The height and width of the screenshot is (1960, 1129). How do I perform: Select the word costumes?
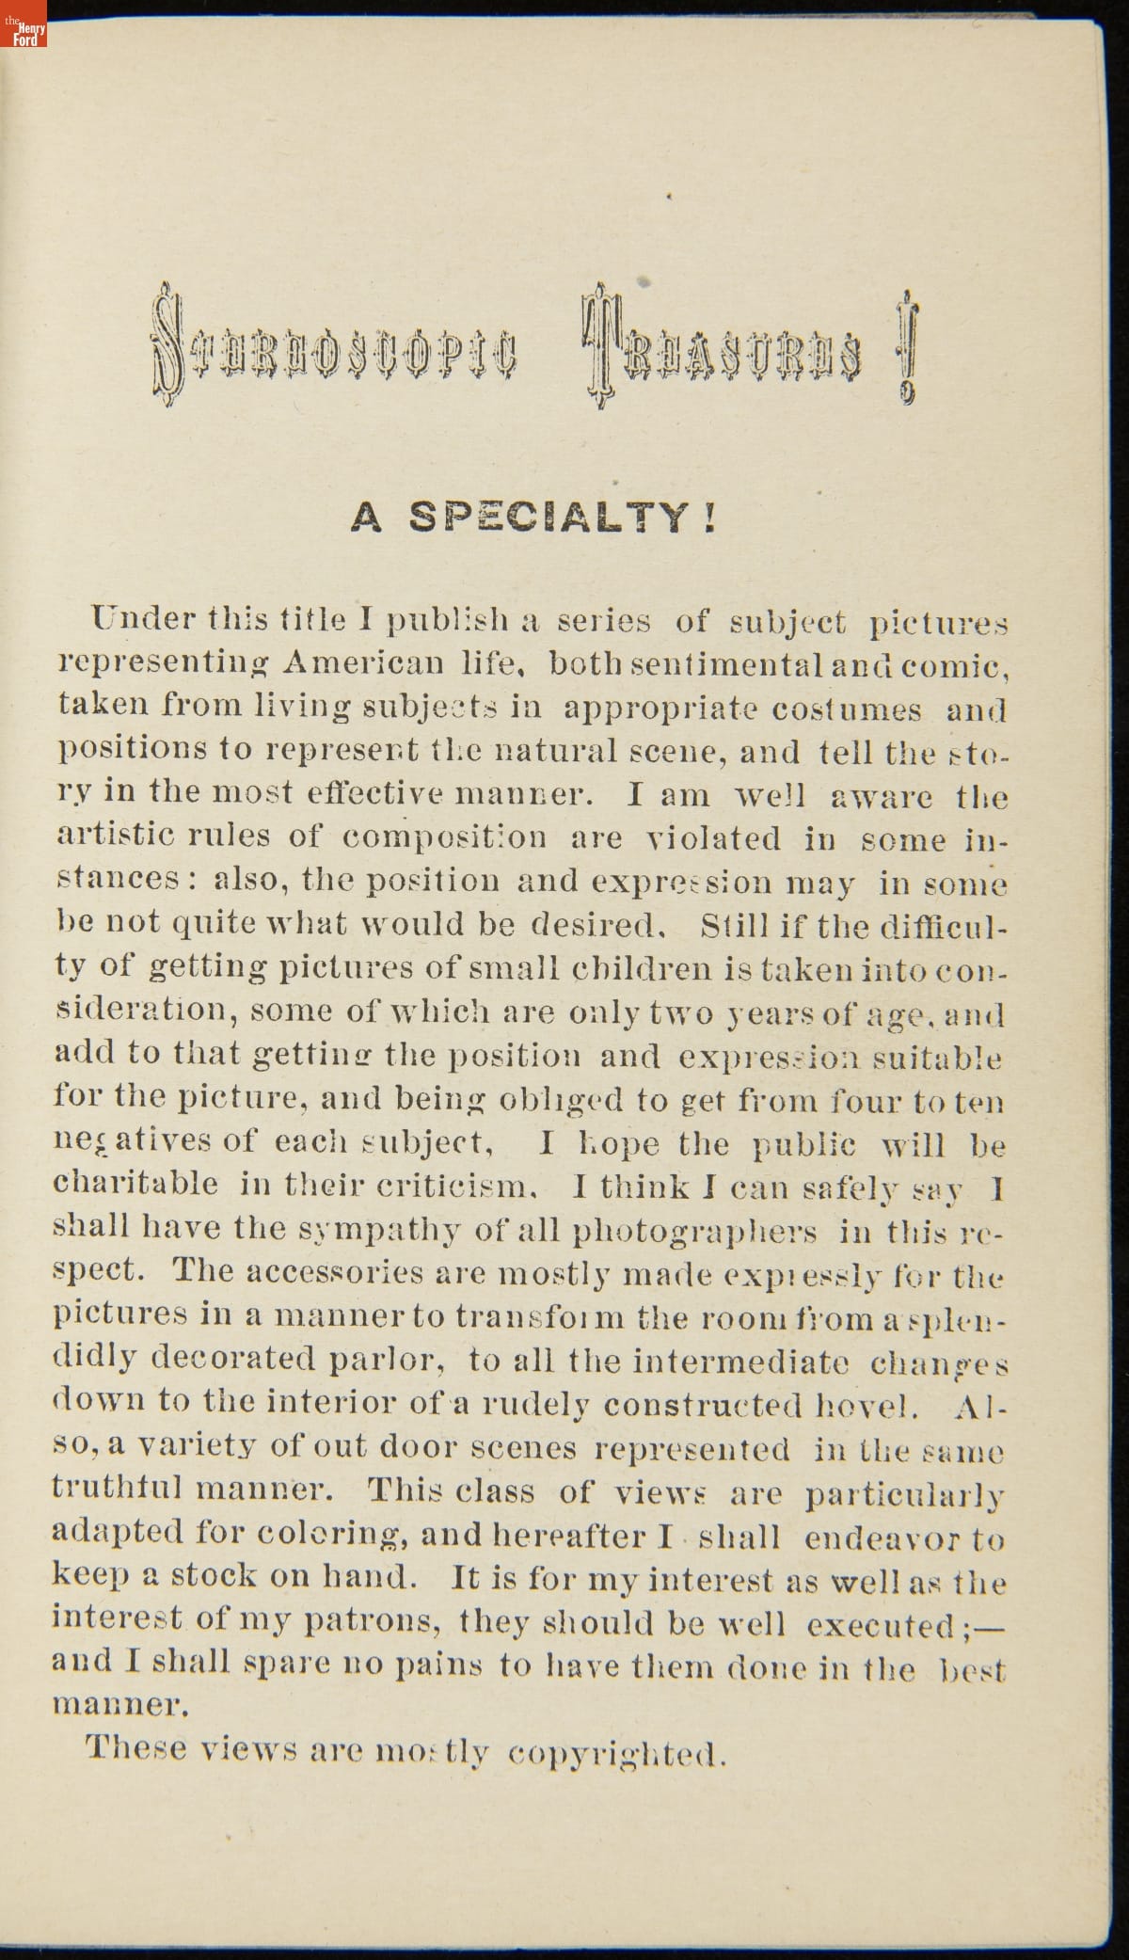point(847,709)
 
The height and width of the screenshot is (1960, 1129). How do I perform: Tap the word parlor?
point(385,1359)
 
